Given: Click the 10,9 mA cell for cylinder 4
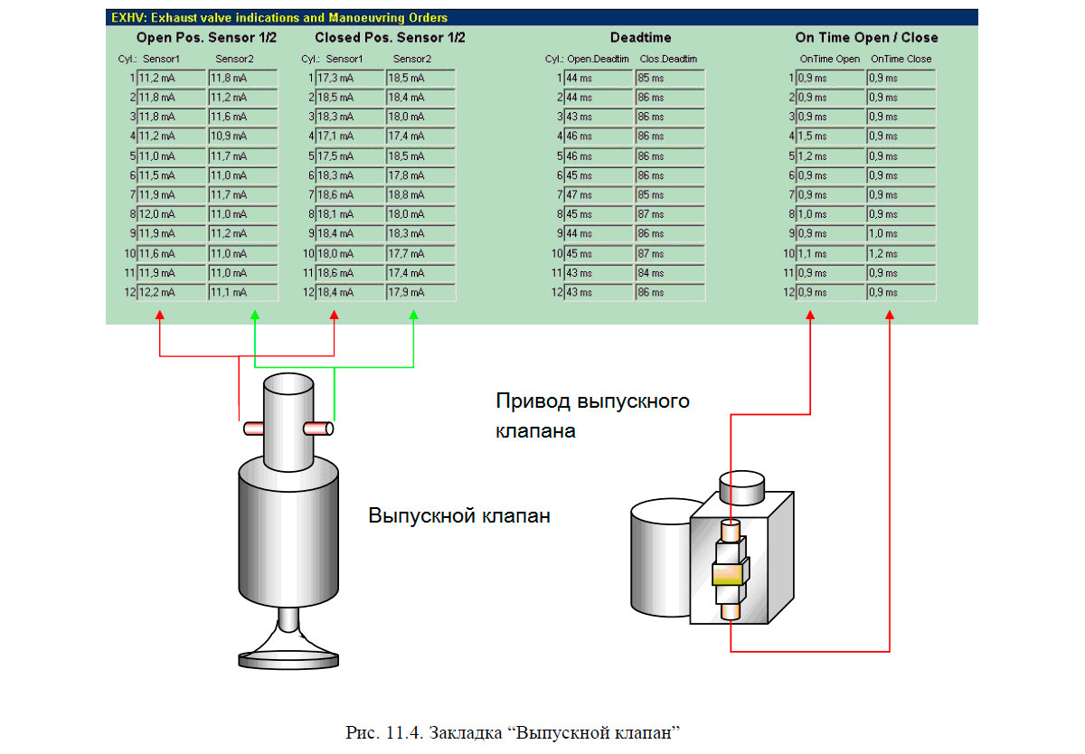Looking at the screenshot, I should [242, 137].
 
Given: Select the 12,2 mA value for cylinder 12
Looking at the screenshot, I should [172, 293].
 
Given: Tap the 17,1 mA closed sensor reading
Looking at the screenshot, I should [350, 137].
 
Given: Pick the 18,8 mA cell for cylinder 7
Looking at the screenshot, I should [420, 195].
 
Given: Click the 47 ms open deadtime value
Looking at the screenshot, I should [598, 195].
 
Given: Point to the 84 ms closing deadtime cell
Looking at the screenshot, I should [669, 273].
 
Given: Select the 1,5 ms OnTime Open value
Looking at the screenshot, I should [830, 137].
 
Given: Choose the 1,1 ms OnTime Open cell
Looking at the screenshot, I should [830, 254].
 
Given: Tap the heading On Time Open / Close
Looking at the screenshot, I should [866, 38].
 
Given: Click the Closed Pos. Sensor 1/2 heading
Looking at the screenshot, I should [390, 38].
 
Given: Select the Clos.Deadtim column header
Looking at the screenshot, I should [668, 60].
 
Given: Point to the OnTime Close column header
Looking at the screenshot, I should [901, 60].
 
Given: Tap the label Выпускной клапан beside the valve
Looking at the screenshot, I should [459, 517].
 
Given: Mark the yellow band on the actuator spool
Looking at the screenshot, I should [729, 573].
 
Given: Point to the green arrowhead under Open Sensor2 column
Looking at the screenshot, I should [255, 315].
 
